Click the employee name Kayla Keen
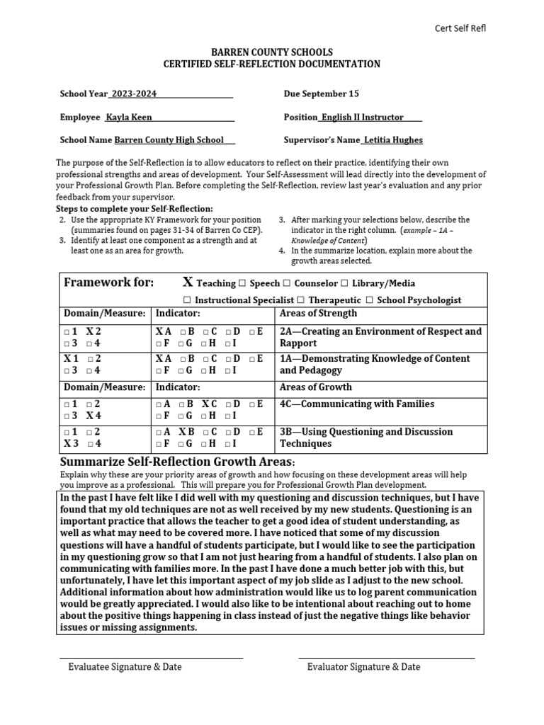(x=128, y=117)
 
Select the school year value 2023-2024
(x=135, y=94)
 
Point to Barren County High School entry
(x=169, y=140)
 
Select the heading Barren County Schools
(x=272, y=53)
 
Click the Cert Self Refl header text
(x=460, y=28)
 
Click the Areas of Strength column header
(x=318, y=314)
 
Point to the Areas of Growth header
(x=316, y=387)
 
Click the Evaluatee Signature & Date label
(x=125, y=667)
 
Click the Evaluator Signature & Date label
(x=363, y=667)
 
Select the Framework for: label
(x=108, y=283)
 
